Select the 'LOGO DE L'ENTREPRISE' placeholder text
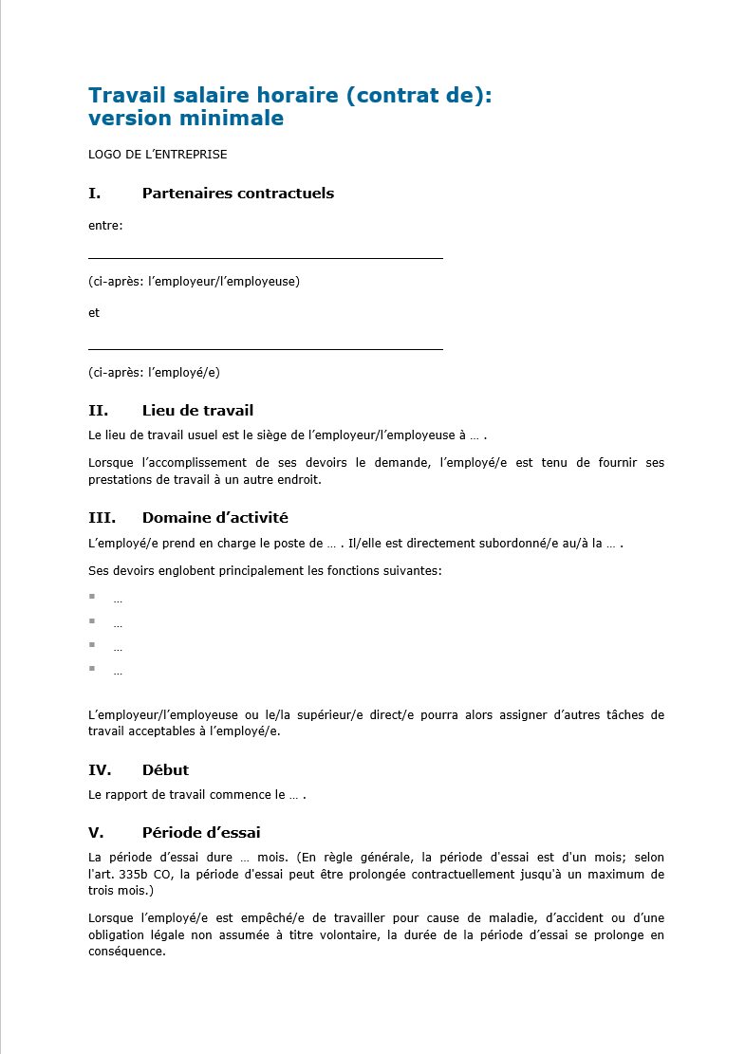click(158, 154)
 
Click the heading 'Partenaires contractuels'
click(237, 194)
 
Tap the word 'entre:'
click(105, 226)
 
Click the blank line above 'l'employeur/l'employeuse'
click(266, 257)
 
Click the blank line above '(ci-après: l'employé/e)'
click(266, 349)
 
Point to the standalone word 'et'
click(94, 313)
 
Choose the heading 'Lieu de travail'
click(197, 411)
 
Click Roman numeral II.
click(98, 411)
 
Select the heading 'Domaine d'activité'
click(214, 518)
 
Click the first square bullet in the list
click(92, 596)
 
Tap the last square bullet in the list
click(92, 668)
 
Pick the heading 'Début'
click(165, 770)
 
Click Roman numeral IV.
click(100, 770)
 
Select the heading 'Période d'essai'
click(200, 833)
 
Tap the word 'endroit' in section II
click(297, 480)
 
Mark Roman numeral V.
click(96, 833)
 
